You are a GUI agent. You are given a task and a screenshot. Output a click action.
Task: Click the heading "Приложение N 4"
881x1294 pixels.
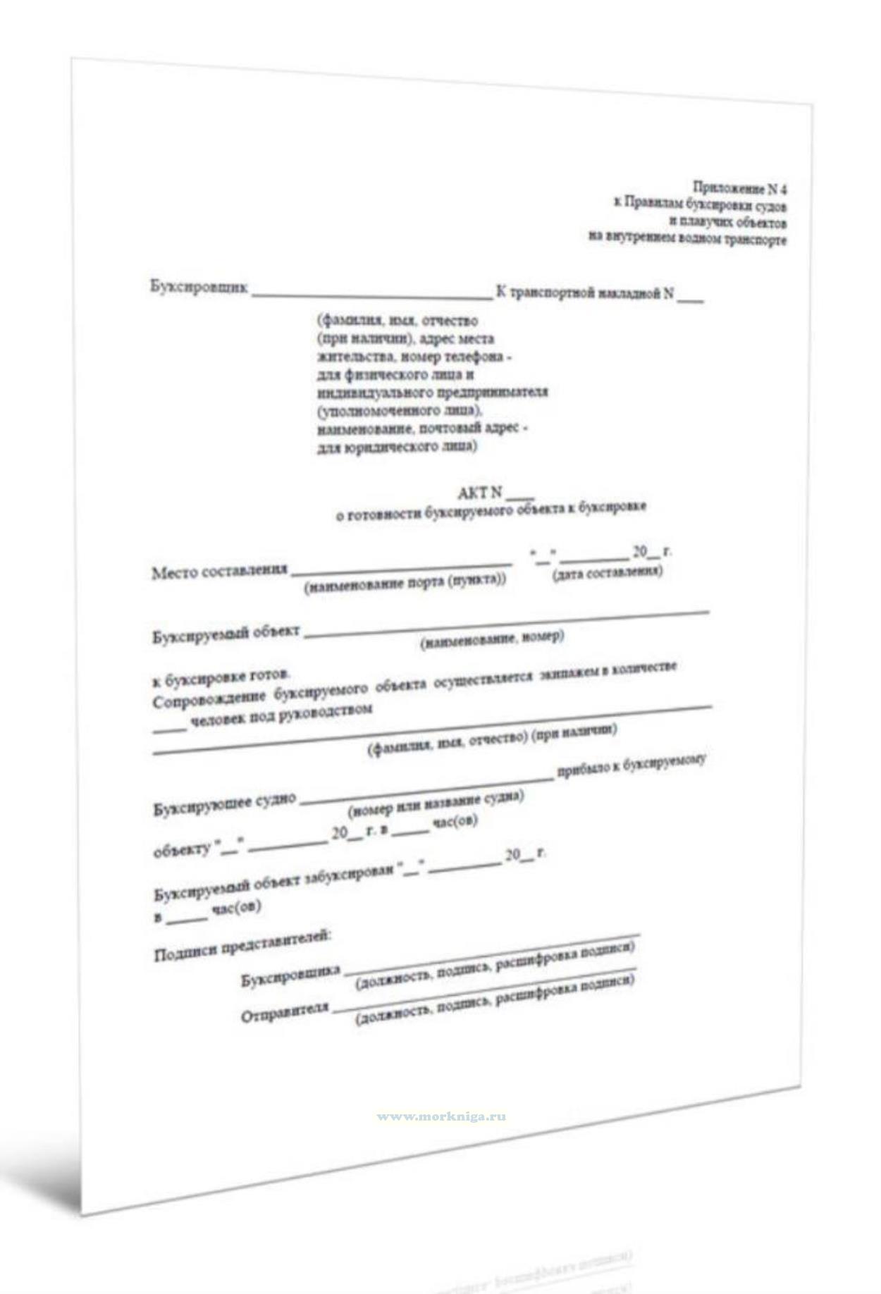click(739, 188)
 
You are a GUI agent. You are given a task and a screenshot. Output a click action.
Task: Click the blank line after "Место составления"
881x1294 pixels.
click(401, 567)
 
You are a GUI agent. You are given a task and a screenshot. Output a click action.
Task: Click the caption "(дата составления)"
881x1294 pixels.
click(607, 572)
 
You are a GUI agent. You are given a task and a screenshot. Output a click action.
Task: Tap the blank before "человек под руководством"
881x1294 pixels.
click(169, 730)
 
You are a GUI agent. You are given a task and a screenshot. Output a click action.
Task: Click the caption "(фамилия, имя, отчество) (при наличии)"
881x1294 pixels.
click(492, 738)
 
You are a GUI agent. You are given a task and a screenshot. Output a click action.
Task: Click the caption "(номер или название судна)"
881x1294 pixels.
click(436, 803)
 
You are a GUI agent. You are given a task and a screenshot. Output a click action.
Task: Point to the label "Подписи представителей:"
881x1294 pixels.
click(242, 947)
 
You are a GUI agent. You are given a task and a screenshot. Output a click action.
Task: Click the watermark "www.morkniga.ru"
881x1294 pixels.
click(441, 1116)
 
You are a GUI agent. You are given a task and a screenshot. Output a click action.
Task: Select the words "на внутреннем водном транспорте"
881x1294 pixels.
click(687, 239)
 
